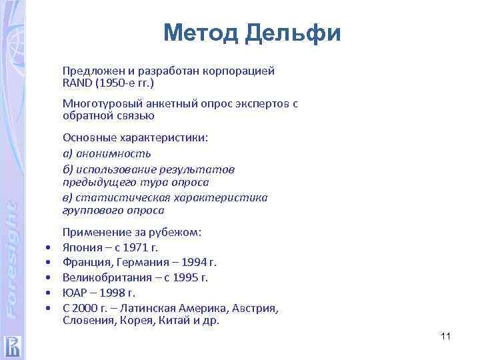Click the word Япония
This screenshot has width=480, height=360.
(82, 247)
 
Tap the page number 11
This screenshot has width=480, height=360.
(446, 336)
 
